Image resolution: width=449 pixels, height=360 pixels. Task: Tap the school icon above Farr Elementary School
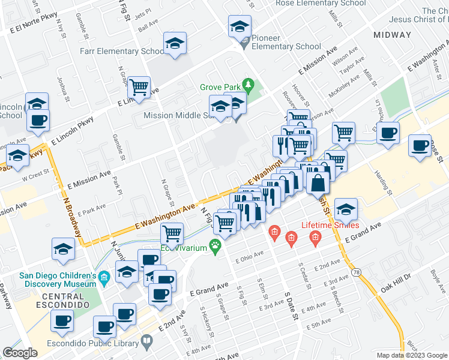175,44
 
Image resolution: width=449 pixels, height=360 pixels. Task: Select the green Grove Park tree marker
246,83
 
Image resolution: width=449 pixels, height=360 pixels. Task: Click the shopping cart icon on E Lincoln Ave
139,88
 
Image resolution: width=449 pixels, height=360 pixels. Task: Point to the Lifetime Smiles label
330,226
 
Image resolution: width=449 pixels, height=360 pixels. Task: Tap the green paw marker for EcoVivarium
214,247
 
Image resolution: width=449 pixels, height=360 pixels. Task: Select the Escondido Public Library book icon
146,341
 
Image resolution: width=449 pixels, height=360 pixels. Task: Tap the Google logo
20,353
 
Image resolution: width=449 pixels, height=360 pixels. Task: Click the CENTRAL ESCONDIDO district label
55,301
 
